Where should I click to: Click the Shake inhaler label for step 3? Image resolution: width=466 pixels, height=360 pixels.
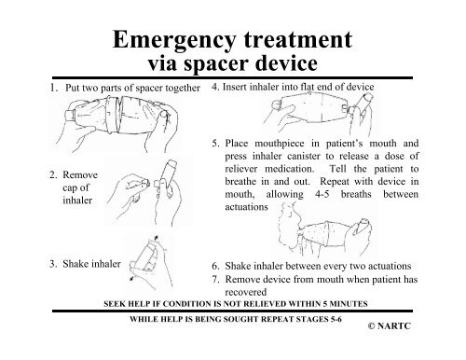pos(79,264)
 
